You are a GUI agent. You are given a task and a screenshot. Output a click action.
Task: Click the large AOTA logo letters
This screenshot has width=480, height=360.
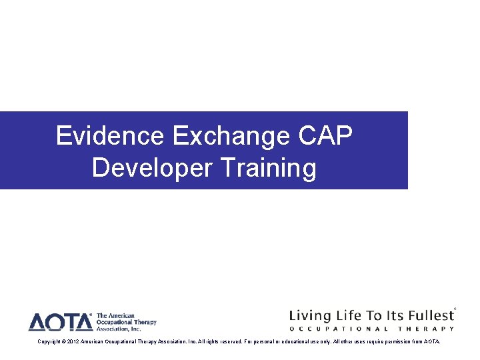61,322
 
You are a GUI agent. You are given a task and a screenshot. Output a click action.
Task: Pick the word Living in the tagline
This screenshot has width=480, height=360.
308,315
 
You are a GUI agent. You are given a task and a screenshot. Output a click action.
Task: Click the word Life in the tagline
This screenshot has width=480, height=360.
349,315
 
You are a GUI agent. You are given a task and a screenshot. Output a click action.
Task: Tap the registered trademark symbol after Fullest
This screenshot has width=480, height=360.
455,309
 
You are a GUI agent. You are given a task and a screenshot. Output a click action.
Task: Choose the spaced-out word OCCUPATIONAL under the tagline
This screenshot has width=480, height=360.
339,329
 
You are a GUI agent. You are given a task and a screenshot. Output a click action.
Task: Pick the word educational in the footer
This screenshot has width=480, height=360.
301,341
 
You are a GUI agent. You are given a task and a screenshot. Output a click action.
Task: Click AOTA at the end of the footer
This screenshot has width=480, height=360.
432,341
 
